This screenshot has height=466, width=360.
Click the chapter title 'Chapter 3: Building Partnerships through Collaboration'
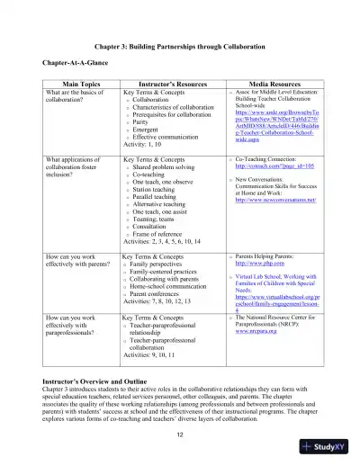point(180,44)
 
